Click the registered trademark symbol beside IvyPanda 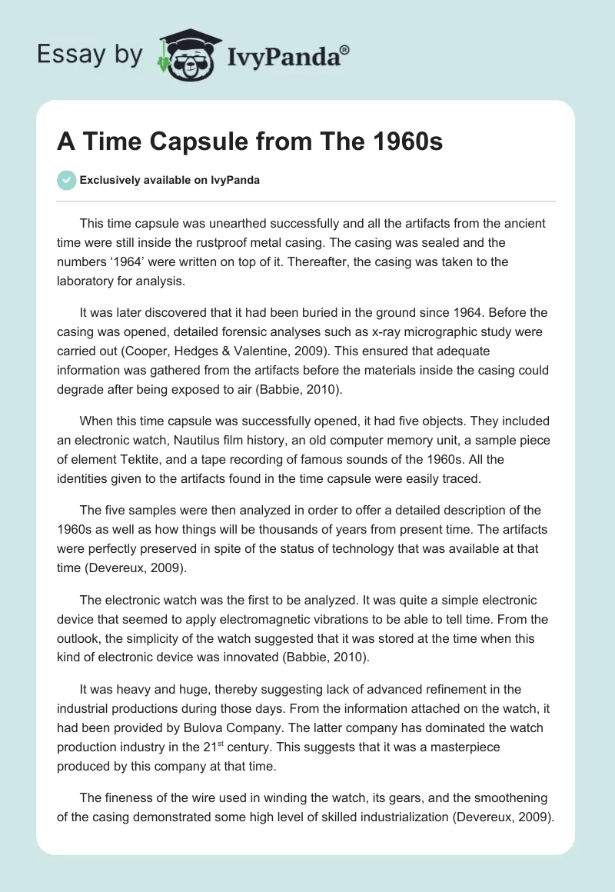click(x=345, y=48)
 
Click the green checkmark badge click(x=66, y=180)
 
